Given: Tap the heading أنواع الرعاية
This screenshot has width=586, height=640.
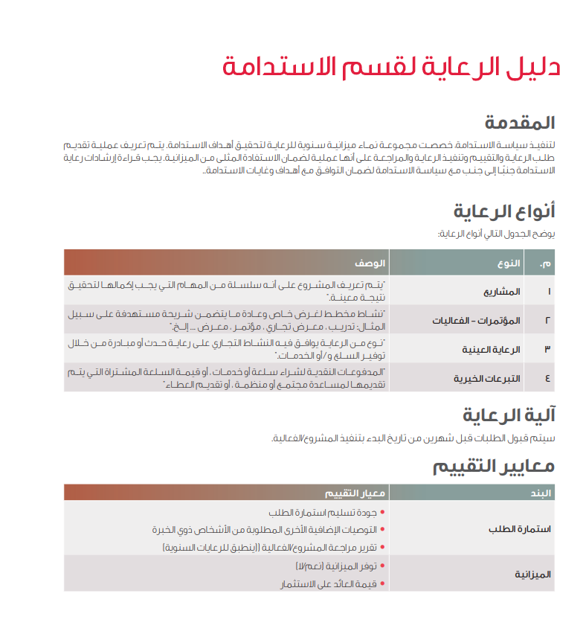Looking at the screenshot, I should pos(504,211).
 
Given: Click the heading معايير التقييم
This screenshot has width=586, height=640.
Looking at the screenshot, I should pos(494,466).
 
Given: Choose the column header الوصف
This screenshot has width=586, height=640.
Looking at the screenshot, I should pos(369,263).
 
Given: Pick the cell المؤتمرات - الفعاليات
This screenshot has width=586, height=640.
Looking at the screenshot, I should pos(477,320).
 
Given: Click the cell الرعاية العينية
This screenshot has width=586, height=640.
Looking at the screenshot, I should pos(492,349).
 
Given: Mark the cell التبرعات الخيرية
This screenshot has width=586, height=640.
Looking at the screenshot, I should pos(488,378).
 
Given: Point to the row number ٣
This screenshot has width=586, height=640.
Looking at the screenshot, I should pos(548,349).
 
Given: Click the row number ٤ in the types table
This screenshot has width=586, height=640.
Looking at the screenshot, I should pos(548,378).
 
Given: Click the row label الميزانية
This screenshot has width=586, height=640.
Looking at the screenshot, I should pos(532,574).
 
